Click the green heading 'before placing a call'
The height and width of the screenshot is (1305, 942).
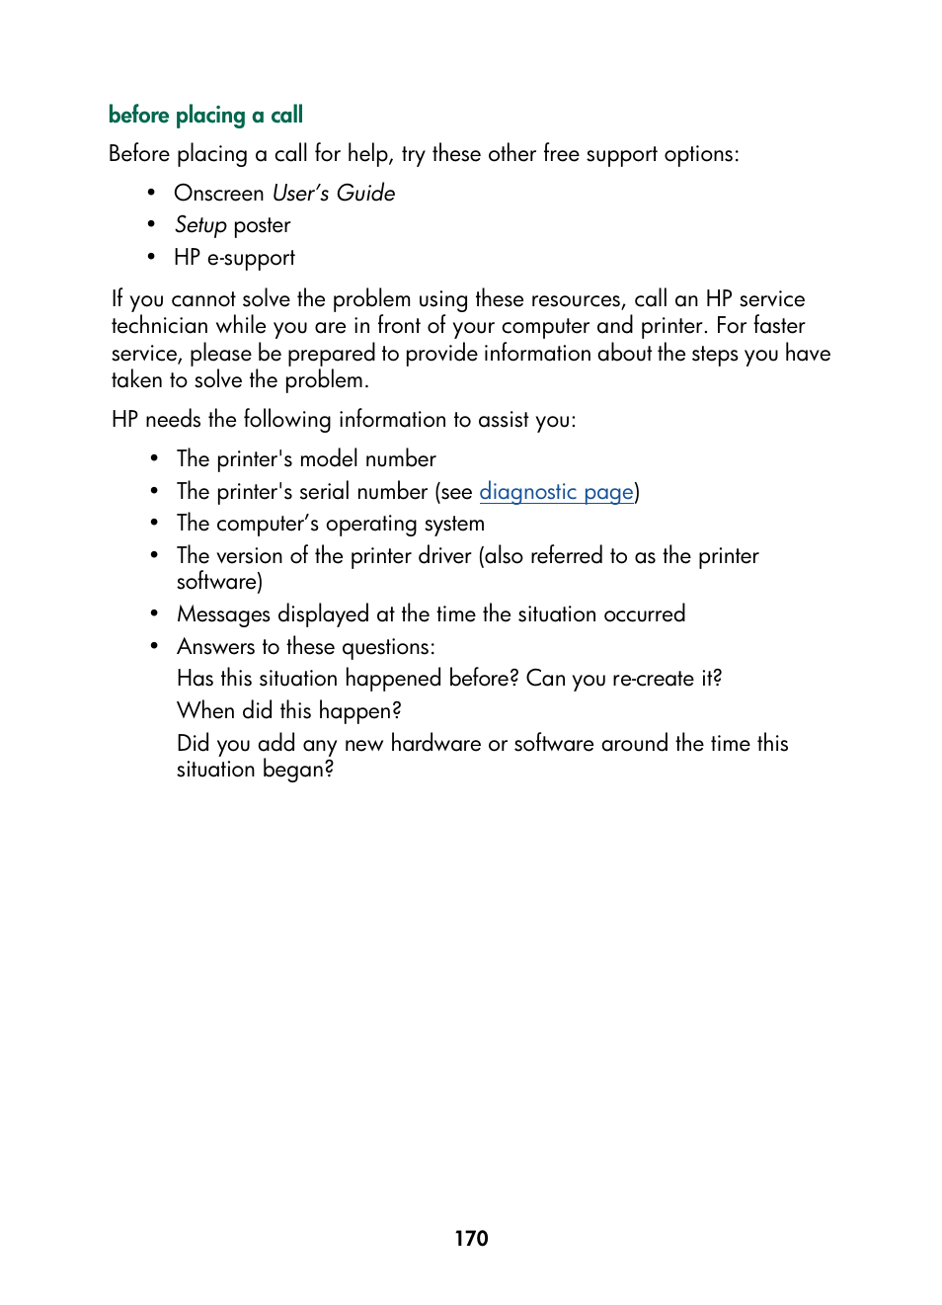coord(205,116)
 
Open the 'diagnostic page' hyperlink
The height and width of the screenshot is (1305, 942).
coord(556,492)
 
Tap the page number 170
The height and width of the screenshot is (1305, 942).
coord(471,1238)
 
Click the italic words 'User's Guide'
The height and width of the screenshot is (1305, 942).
coord(334,194)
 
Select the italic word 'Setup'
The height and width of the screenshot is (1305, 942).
coord(200,225)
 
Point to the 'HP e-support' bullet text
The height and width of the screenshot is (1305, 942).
coord(234,258)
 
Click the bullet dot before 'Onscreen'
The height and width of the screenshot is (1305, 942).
coord(152,194)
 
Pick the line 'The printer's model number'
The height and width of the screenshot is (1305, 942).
coord(306,459)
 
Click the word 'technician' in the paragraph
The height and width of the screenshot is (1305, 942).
coord(160,326)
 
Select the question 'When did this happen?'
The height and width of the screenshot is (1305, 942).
coord(289,711)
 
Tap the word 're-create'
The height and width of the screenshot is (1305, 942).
coord(653,679)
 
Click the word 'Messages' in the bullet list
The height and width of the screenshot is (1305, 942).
coord(223,614)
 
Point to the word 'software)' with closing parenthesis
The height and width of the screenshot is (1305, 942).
coord(219,582)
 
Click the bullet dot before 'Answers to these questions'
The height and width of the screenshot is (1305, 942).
coord(154,646)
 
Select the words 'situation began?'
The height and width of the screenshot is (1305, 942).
coord(255,770)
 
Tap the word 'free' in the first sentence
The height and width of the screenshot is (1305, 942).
coord(561,154)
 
